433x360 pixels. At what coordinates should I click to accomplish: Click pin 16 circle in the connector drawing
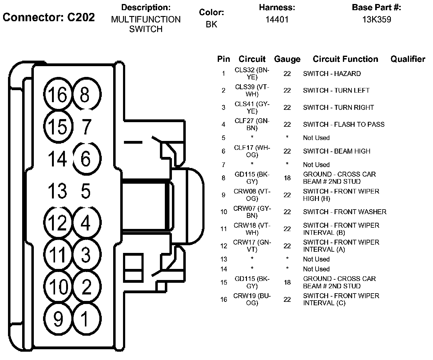(58, 94)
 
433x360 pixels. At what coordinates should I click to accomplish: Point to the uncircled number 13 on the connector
(58, 190)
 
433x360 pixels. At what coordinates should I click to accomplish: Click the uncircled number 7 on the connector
(86, 126)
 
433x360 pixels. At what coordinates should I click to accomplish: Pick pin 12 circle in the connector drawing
(58, 222)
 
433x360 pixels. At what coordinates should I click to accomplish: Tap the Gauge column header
(287, 59)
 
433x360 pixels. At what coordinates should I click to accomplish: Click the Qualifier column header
(408, 59)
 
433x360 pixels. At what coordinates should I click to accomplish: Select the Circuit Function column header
(345, 59)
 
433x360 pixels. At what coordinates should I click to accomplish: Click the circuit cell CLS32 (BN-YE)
(252, 74)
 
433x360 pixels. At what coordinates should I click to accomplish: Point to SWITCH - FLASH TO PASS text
(344, 124)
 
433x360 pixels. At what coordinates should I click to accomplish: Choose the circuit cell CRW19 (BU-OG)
(252, 299)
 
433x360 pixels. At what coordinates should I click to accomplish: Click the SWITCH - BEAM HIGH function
(336, 151)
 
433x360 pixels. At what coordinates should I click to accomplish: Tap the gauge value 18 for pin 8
(287, 178)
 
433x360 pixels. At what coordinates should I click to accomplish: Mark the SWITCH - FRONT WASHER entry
(344, 212)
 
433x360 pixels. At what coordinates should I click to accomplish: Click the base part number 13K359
(376, 20)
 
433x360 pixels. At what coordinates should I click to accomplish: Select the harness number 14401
(277, 20)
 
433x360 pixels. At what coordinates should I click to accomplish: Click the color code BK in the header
(211, 24)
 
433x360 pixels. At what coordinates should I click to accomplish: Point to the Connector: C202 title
(49, 17)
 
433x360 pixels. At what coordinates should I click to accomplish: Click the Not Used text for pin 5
(316, 138)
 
